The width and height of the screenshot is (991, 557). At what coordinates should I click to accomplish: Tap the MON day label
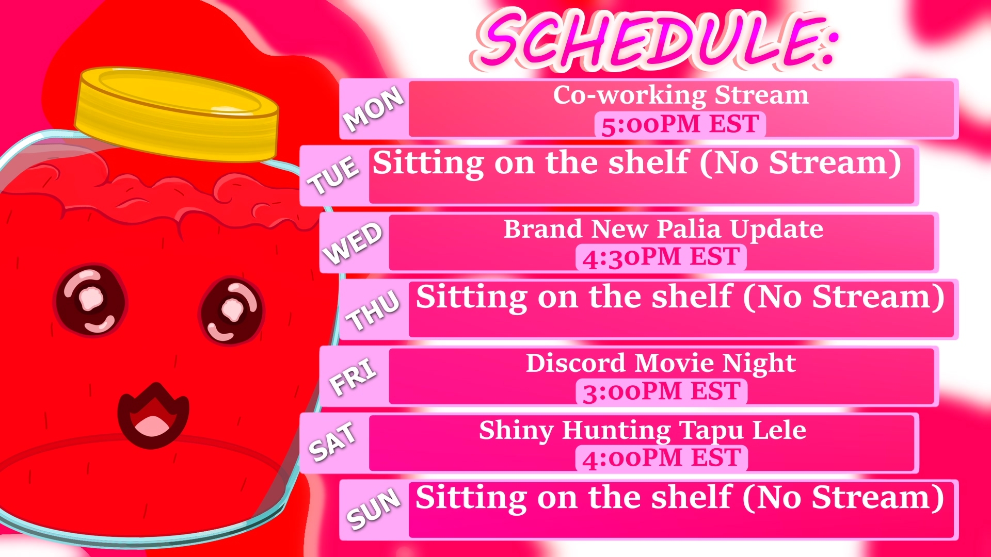click(x=374, y=109)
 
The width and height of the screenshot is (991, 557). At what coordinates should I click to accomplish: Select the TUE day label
click(x=333, y=175)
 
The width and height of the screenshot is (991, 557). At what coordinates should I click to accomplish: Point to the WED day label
click(x=353, y=243)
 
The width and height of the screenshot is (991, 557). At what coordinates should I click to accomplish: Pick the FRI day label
click(x=353, y=377)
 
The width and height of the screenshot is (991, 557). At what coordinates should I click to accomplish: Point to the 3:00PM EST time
click(x=662, y=391)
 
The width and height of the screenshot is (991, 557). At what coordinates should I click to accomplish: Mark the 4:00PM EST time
click(x=662, y=458)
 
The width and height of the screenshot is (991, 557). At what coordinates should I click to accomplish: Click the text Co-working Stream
click(x=681, y=95)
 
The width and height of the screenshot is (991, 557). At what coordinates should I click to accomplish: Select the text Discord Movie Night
click(x=661, y=364)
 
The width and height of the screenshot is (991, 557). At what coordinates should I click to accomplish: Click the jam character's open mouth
click(x=153, y=416)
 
